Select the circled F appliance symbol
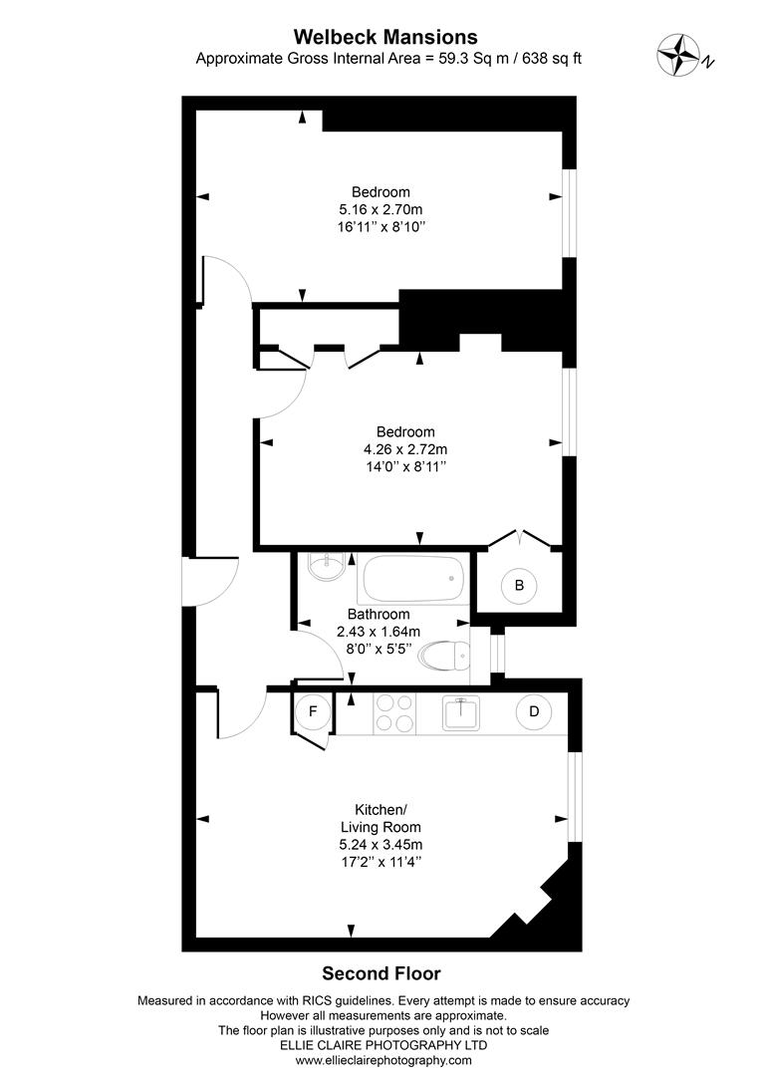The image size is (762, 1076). pos(313,711)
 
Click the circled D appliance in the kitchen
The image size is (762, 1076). pos(534,711)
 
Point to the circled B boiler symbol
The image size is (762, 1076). pos(519,585)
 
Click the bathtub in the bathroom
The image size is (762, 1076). pos(412,575)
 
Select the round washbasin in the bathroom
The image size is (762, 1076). pos(326,568)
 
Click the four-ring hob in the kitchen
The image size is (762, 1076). pos(395,713)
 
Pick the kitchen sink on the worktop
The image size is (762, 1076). pos(462,711)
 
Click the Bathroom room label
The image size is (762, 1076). pos(379,614)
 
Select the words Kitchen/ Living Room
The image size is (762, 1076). pos(381,818)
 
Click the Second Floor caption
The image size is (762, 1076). pos(381,973)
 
